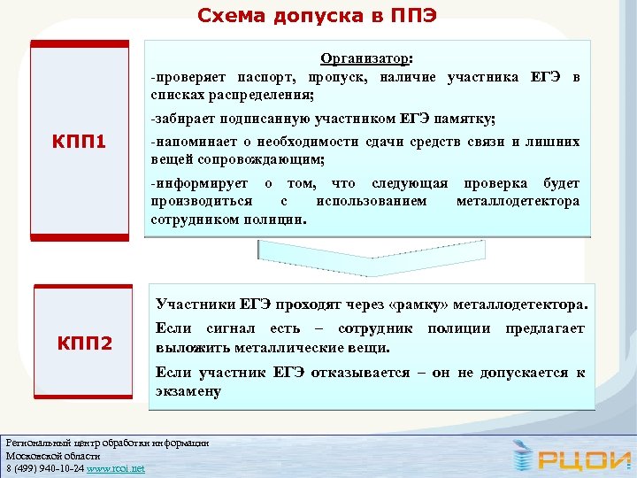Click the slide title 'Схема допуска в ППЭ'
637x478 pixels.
(x=316, y=15)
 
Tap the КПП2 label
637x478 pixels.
(x=85, y=342)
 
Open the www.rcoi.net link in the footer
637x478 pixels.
(x=116, y=467)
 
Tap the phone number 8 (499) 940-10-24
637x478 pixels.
(x=45, y=467)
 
